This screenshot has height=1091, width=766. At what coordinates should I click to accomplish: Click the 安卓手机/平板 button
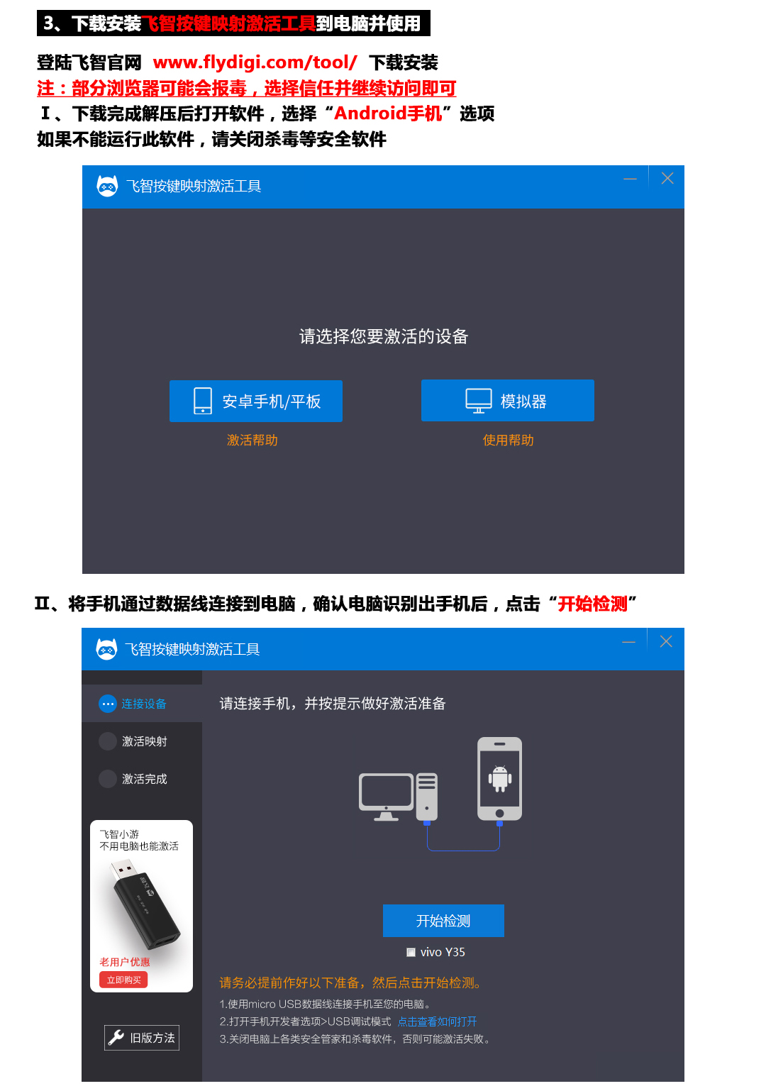tap(255, 401)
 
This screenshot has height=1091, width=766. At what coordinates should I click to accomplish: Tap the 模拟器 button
tap(507, 400)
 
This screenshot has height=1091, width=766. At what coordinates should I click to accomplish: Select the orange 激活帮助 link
tap(252, 441)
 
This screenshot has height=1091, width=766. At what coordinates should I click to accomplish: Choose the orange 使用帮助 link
tap(508, 441)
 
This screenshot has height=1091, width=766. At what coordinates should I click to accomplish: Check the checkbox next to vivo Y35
tap(411, 952)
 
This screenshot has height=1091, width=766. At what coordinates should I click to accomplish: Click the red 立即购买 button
tap(123, 980)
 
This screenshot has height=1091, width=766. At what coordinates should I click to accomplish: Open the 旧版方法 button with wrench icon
tap(142, 1038)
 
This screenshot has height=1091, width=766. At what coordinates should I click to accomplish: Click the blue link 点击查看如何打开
tap(438, 1021)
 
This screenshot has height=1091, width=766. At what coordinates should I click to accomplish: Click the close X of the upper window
tap(667, 178)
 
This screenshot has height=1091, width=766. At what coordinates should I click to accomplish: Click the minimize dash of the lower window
tap(628, 643)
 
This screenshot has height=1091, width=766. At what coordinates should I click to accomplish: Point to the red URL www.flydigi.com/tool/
tap(255, 62)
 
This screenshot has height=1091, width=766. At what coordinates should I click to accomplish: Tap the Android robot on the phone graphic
tap(499, 778)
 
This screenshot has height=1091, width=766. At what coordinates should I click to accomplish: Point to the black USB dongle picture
tap(145, 904)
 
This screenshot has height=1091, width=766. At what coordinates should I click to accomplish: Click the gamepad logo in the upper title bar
tap(107, 186)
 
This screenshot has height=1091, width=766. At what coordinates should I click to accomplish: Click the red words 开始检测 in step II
tap(592, 604)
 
